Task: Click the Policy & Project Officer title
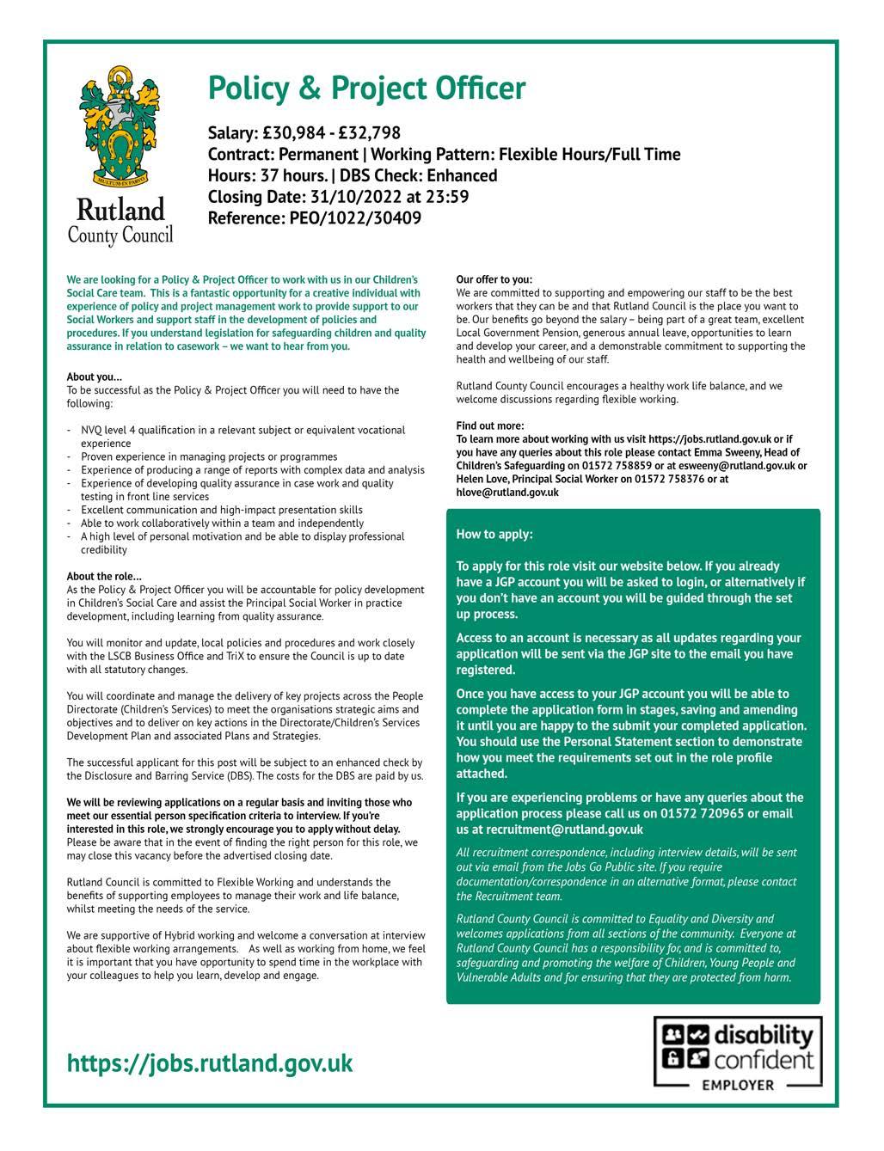(366, 88)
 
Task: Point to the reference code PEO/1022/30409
(353, 218)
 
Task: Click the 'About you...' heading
(95, 377)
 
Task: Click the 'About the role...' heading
(105, 577)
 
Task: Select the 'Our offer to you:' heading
(494, 279)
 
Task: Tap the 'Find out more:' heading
(490, 426)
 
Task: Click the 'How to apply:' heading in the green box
(494, 535)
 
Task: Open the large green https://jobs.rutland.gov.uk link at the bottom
(210, 1063)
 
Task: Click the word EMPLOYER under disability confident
(738, 1085)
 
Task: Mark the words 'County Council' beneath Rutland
(120, 234)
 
